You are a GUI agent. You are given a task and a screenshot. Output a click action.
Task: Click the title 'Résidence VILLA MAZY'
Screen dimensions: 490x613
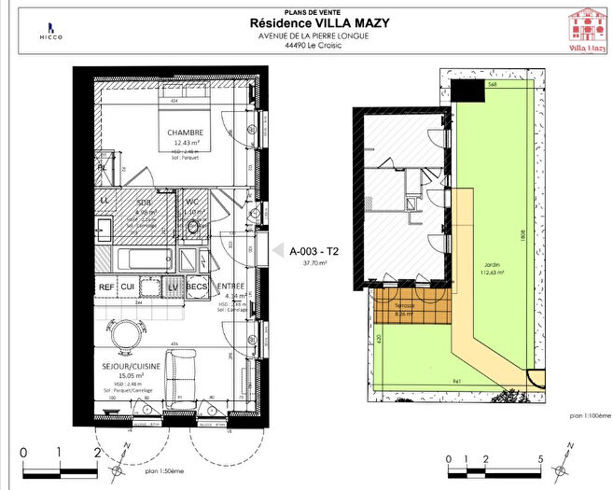point(307,23)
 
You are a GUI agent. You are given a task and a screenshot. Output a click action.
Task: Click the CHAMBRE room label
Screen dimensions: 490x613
point(185,133)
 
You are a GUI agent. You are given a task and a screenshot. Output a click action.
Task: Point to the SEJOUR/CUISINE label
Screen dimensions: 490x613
point(132,367)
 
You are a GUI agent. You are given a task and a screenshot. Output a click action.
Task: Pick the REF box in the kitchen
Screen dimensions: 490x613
point(106,287)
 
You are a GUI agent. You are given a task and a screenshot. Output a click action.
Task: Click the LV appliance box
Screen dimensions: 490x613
point(173,287)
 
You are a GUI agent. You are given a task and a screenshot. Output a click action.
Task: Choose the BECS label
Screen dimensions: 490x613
point(196,287)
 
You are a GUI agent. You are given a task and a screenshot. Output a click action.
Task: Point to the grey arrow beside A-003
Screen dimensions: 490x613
point(276,249)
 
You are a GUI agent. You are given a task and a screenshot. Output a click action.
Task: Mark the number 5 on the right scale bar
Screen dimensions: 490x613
point(541,458)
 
